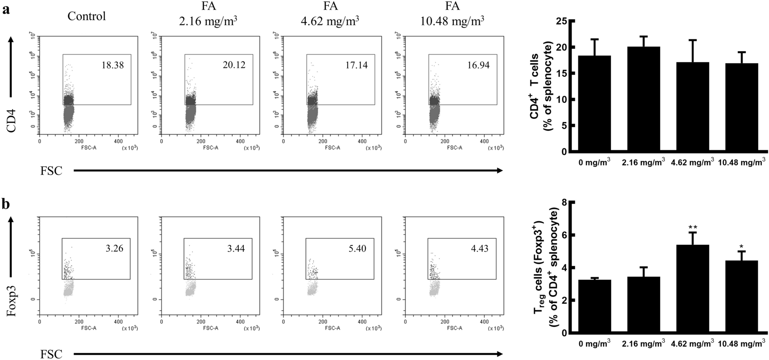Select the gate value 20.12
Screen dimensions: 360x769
(234, 65)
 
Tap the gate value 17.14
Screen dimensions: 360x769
(356, 65)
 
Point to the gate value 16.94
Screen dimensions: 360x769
(478, 65)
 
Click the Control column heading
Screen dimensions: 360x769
(87, 16)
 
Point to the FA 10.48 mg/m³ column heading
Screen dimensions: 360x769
(452, 13)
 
